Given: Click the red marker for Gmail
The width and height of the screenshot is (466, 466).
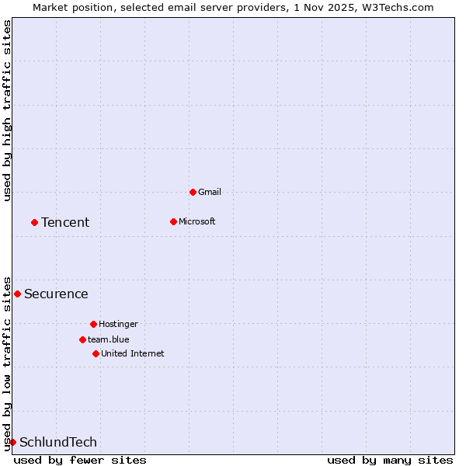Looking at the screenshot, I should [193, 192].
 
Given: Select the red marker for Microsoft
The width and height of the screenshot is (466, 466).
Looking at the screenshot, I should [173, 221].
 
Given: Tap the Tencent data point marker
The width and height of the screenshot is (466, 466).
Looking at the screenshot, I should [34, 222].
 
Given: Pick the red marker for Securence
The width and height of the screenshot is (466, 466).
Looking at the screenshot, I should [17, 294].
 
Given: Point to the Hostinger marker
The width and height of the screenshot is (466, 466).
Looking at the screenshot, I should [93, 324].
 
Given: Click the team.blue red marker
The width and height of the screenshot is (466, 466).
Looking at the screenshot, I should [82, 339].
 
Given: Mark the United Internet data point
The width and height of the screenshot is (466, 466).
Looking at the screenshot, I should [96, 353].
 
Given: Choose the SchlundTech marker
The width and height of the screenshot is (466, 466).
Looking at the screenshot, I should [12, 442].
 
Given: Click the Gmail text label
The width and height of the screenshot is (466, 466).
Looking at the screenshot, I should [210, 192].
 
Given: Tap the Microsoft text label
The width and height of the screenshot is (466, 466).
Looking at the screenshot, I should [197, 221].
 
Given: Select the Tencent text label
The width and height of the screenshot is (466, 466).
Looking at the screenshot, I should [65, 222].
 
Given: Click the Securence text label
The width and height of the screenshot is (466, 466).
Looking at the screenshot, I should [56, 294].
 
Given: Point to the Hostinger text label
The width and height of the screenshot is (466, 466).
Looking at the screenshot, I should [118, 324].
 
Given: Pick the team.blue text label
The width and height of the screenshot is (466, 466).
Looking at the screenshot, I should [109, 339].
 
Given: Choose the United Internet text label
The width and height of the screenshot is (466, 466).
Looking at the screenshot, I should [133, 353].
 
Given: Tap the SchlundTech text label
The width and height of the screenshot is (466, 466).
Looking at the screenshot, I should [58, 442].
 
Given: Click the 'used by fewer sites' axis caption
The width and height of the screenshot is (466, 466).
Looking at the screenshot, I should [80, 460].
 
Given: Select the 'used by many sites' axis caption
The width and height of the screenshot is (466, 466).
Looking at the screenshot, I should [390, 460].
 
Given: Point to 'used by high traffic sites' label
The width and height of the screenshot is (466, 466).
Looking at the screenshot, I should [7, 110].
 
